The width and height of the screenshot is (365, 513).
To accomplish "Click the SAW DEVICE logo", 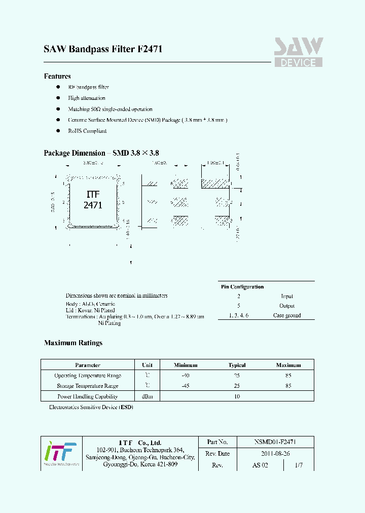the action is click(x=299, y=52).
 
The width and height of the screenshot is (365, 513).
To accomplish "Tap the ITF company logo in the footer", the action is click(x=60, y=453).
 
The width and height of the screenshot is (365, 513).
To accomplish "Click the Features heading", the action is click(x=57, y=77).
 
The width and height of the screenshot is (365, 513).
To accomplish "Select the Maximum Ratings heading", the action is click(x=73, y=343).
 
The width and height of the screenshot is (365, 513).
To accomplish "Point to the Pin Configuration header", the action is click(x=242, y=287).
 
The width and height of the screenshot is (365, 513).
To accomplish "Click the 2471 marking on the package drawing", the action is click(x=93, y=205).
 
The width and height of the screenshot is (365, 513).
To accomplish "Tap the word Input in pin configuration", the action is click(x=287, y=297).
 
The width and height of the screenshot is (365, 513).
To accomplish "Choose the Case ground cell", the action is click(x=287, y=315).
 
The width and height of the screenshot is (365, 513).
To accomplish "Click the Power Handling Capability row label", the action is click(x=88, y=397).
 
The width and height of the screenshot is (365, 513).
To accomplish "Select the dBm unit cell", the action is click(x=148, y=397).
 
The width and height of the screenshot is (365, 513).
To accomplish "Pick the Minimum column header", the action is click(x=186, y=365).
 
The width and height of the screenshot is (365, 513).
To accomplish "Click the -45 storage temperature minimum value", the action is click(x=186, y=386).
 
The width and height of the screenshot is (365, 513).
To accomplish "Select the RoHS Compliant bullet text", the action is click(x=87, y=131).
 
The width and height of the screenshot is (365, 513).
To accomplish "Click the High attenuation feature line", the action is click(x=87, y=98).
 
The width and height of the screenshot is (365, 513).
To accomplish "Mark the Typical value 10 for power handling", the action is click(x=237, y=397).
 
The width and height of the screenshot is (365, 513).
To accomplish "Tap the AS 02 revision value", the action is click(x=260, y=465).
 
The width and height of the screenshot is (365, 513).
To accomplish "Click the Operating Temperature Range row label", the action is click(x=88, y=376).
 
